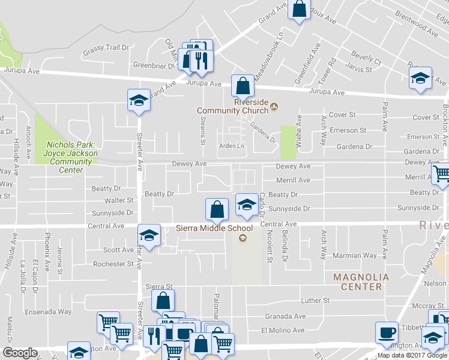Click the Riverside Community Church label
click(x=237, y=106)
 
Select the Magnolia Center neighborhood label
click(x=358, y=281)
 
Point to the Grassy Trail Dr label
click(x=106, y=47)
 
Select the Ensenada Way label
click(x=48, y=311)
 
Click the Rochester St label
click(x=113, y=264)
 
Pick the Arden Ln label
click(x=232, y=146)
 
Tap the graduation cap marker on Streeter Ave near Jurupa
click(x=139, y=100)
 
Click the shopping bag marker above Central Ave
click(x=217, y=209)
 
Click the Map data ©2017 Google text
click(x=412, y=355)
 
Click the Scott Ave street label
click(x=118, y=250)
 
